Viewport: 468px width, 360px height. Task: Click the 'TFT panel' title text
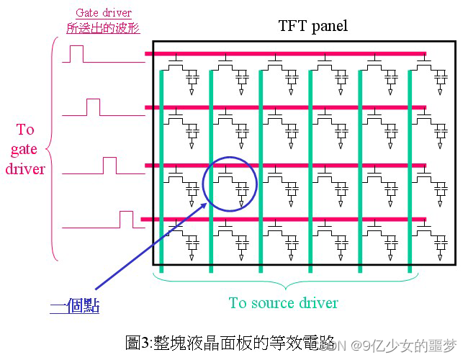(312, 27)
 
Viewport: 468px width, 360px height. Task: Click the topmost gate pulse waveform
(76, 54)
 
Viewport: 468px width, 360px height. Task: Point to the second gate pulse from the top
(93, 107)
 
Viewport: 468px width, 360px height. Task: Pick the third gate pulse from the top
(109, 166)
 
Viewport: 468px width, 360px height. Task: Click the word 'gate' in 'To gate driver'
(24, 149)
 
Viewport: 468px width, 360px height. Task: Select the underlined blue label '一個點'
(75, 306)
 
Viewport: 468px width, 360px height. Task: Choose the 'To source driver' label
(283, 302)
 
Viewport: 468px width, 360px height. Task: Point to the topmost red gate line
(288, 53)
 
